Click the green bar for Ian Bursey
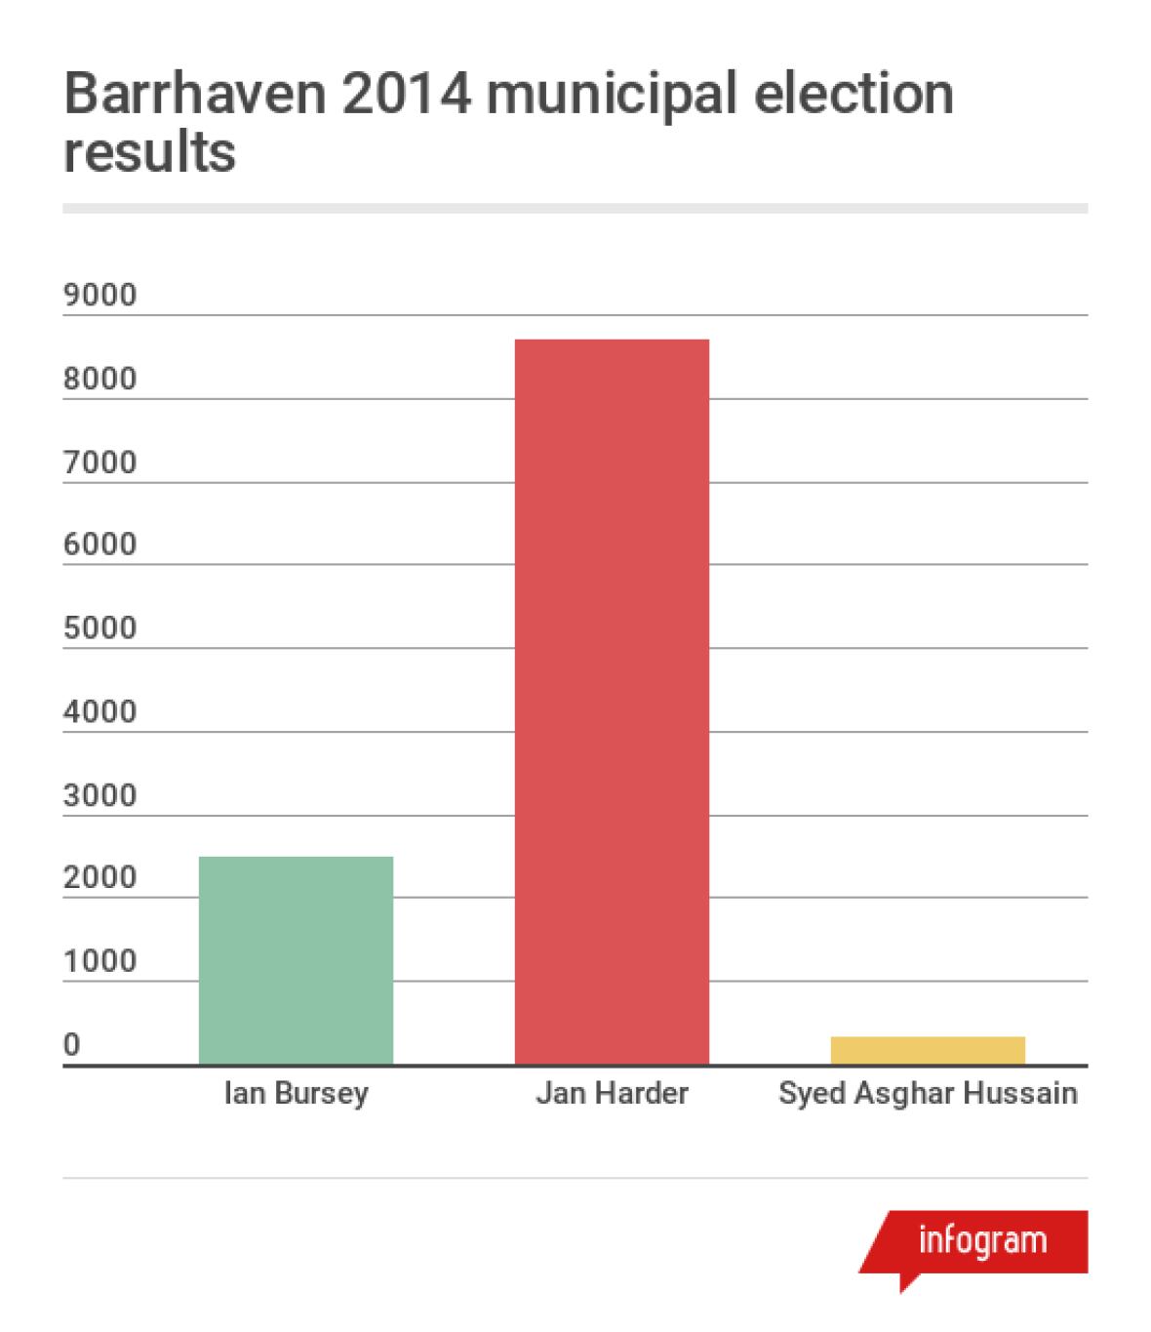[x=296, y=960]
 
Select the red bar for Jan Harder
[x=612, y=702]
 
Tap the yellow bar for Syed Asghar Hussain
[x=927, y=1050]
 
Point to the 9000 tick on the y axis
[x=100, y=295]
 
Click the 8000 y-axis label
[x=100, y=379]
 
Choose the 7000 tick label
[x=100, y=462]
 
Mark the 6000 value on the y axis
[x=100, y=545]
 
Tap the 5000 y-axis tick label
[x=100, y=628]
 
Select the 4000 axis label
[x=100, y=711]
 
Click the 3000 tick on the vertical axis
[x=100, y=795]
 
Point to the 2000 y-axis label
[x=100, y=878]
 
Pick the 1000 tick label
[x=100, y=962]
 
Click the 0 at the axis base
[x=72, y=1045]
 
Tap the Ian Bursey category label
[x=297, y=1093]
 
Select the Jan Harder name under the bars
[x=612, y=1093]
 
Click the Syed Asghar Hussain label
[x=928, y=1093]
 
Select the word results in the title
[x=149, y=153]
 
